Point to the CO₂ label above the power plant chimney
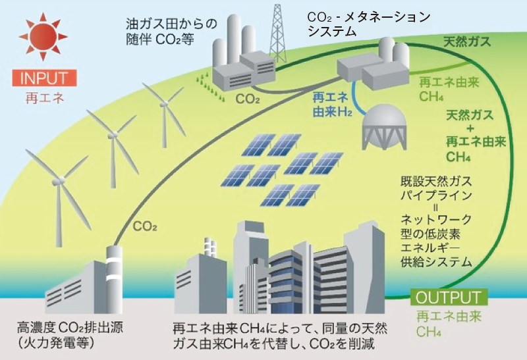(x=144, y=227)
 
